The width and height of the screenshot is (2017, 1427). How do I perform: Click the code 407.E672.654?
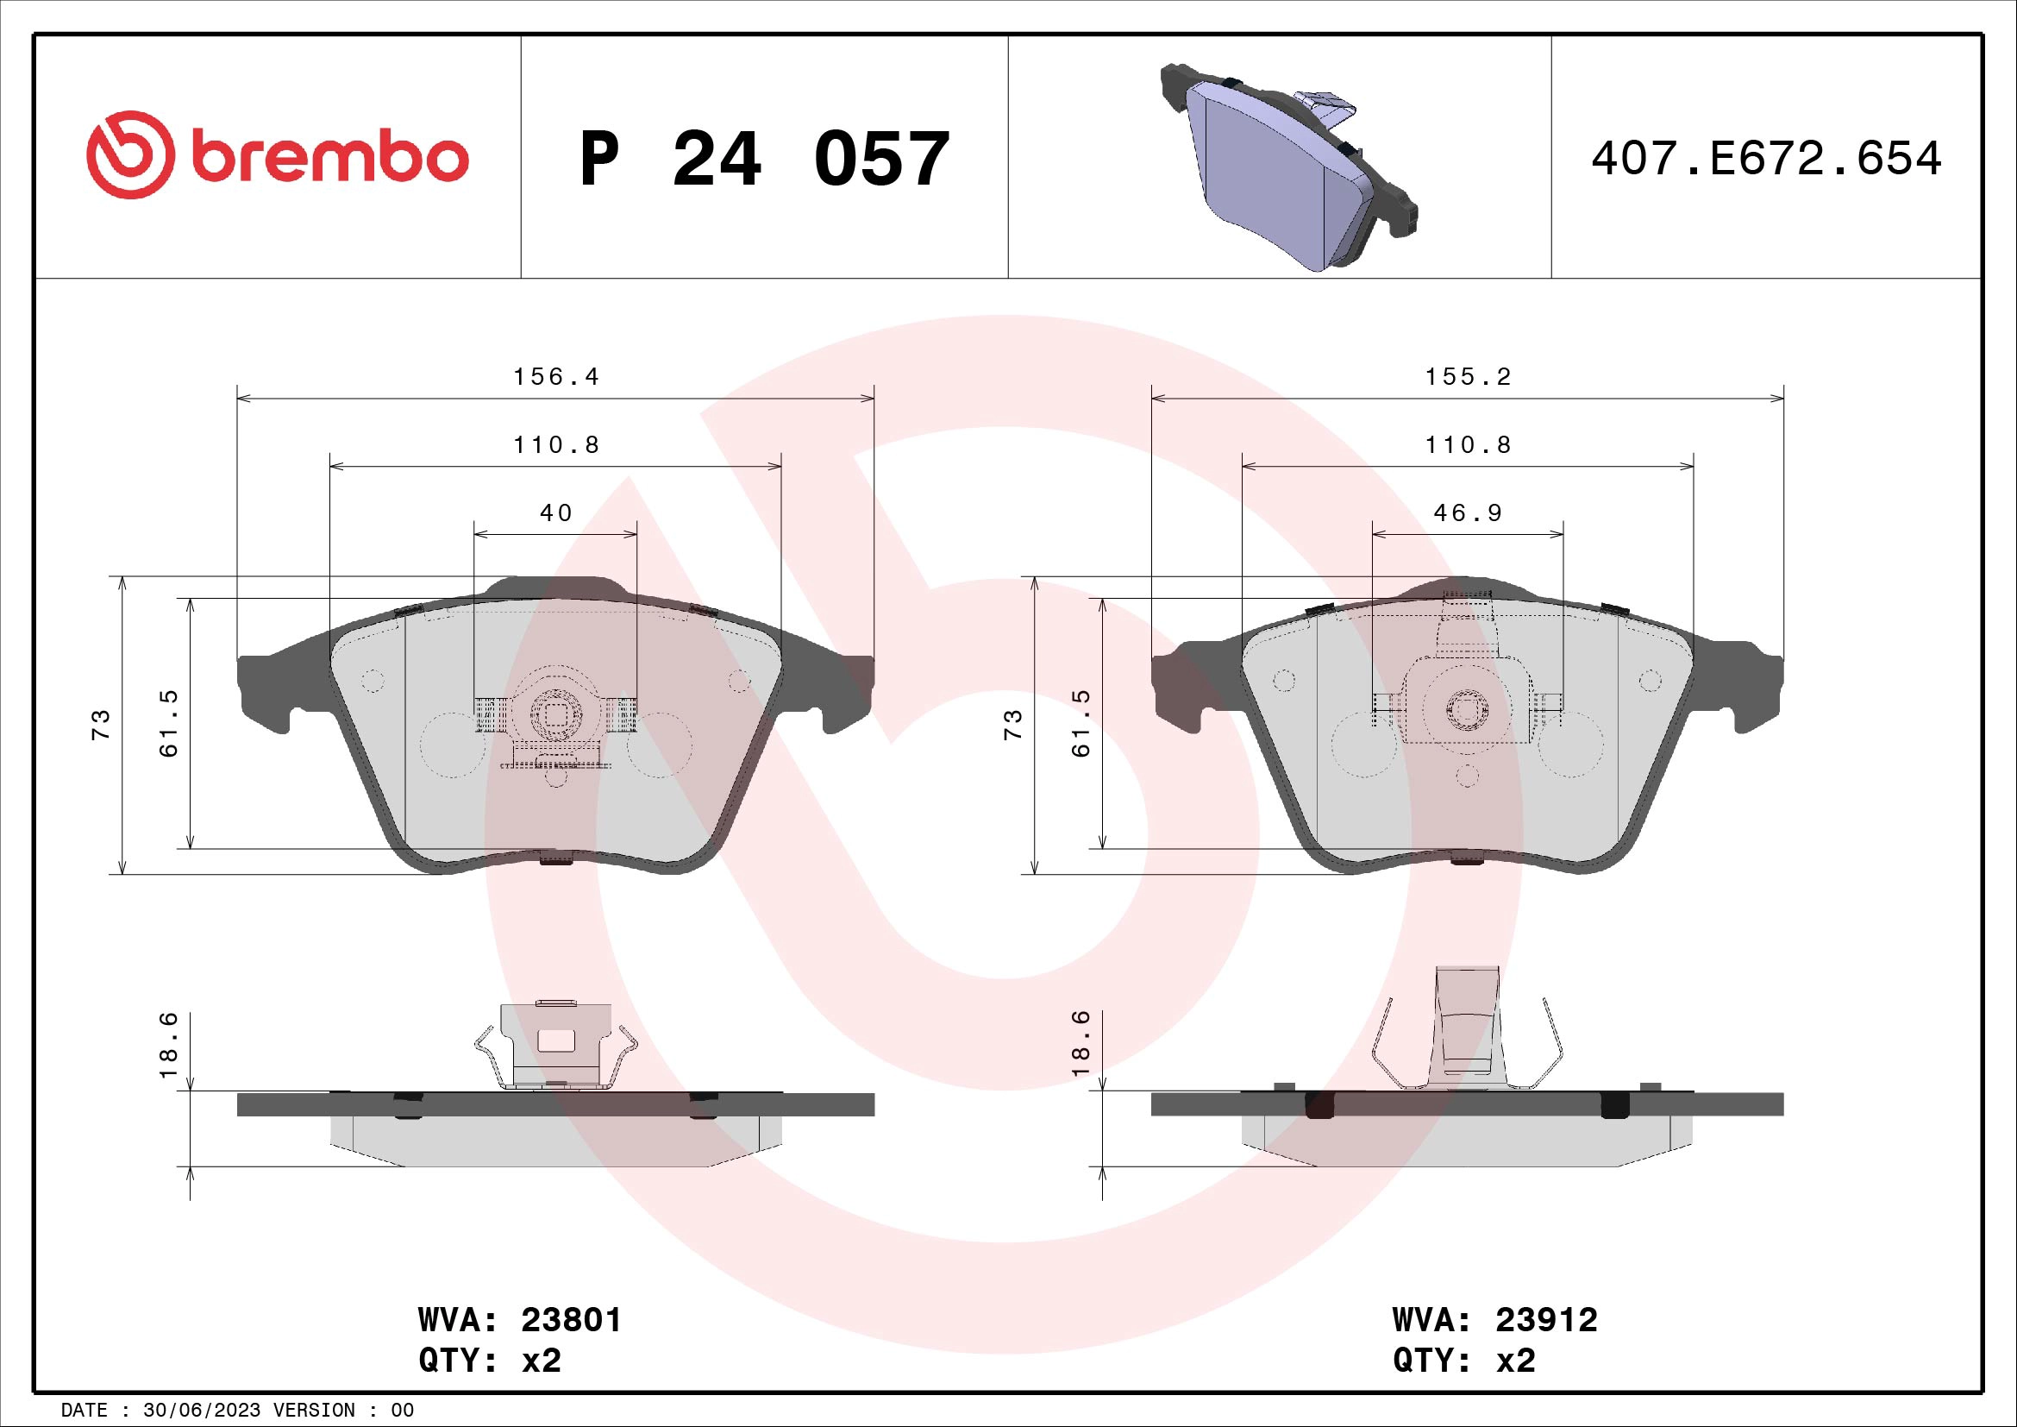pyautogui.click(x=1766, y=159)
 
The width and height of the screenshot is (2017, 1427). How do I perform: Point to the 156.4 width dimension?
pyautogui.click(x=555, y=377)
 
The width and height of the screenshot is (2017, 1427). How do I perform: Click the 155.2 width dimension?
pyautogui.click(x=1467, y=377)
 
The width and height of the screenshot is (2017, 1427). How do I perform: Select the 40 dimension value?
pyautogui.click(x=555, y=513)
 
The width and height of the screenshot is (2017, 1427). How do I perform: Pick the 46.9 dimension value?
pyautogui.click(x=1467, y=513)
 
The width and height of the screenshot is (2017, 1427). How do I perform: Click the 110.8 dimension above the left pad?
pyautogui.click(x=555, y=445)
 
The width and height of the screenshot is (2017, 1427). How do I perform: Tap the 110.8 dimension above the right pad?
pyautogui.click(x=1467, y=445)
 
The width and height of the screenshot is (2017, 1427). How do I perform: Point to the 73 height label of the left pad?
pyautogui.click(x=102, y=724)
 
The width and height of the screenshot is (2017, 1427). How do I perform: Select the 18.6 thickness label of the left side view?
pyautogui.click(x=169, y=1045)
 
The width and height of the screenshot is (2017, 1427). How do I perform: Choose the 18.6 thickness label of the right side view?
pyautogui.click(x=1081, y=1045)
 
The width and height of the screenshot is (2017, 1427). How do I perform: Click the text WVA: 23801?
pyautogui.click(x=519, y=1320)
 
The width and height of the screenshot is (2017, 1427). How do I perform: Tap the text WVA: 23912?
pyautogui.click(x=1494, y=1320)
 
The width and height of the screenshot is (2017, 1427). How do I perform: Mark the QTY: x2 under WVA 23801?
pyautogui.click(x=489, y=1361)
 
